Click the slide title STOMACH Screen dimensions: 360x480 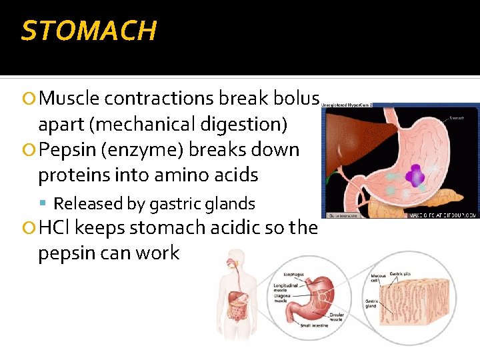[89, 31]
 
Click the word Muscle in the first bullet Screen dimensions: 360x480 [69, 99]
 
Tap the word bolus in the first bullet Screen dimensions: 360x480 [297, 99]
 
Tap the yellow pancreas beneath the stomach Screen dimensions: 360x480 [440, 199]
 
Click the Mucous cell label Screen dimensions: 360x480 [379, 276]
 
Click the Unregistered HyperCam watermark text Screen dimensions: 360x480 [347, 105]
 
